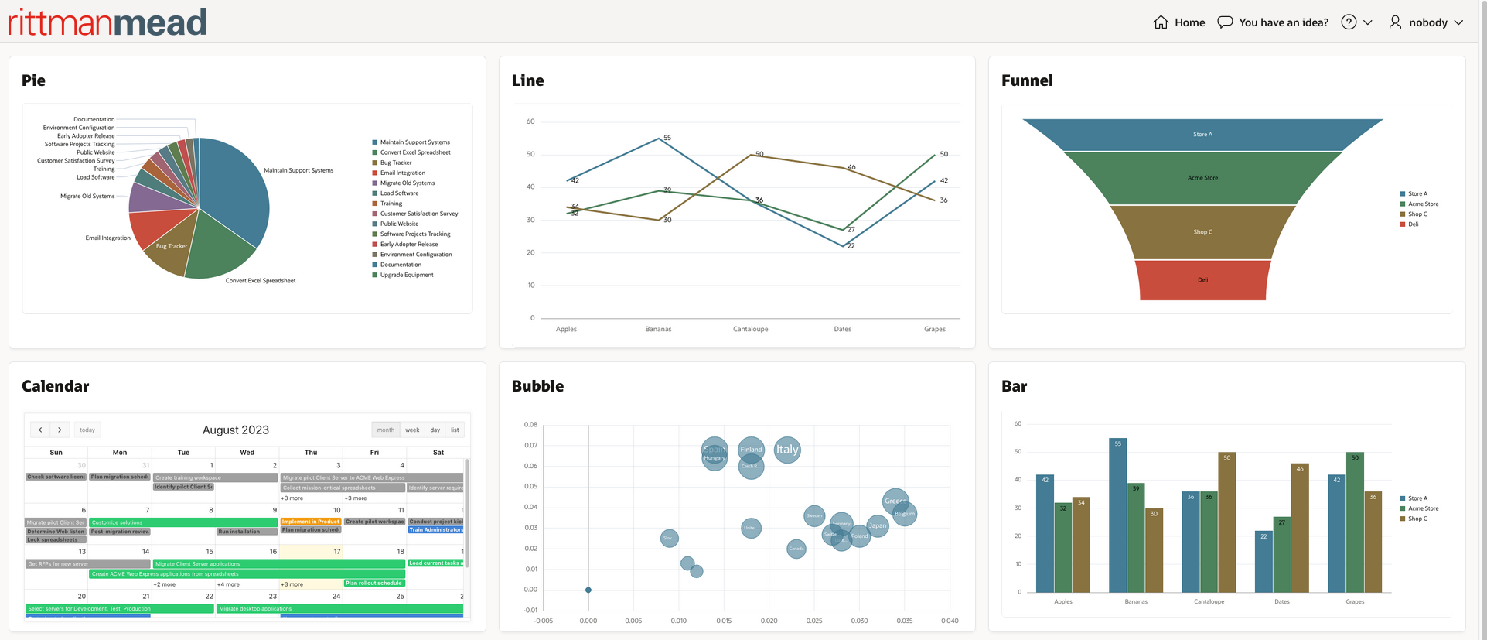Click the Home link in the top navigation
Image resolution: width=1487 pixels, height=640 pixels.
pos(1179,22)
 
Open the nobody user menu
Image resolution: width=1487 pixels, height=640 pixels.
pos(1427,22)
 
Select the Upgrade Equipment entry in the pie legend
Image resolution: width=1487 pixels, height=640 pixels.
pos(406,275)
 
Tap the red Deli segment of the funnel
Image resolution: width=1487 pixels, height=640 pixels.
pos(1202,279)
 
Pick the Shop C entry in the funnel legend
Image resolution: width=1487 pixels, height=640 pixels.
pos(1417,214)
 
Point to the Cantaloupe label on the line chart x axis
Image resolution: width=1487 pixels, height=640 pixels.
pos(750,329)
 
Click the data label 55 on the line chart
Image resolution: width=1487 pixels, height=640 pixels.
pos(667,138)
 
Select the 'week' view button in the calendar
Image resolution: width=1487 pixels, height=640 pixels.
pos(412,430)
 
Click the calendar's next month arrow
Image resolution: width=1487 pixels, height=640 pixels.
pos(60,430)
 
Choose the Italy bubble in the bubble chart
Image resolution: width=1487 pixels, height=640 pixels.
pos(787,450)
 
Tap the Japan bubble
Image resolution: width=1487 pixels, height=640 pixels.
pos(878,525)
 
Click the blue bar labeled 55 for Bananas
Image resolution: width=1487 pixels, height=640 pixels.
pos(1117,515)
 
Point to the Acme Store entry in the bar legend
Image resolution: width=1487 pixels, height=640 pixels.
pos(1423,508)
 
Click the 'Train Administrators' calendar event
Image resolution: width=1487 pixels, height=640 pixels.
pos(435,530)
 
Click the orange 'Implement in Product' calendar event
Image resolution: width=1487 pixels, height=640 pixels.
pos(310,522)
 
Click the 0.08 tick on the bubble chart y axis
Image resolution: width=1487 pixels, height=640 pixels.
pos(530,425)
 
